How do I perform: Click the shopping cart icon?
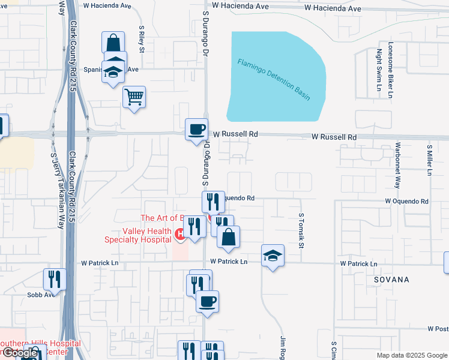click(134, 97)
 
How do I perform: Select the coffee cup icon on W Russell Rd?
click(196, 129)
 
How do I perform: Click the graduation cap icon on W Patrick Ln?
click(273, 256)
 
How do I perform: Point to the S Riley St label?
click(142, 39)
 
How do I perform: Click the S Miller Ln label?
click(429, 160)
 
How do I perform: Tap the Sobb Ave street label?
click(41, 295)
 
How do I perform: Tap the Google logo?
click(19, 353)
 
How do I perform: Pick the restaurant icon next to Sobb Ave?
click(53, 280)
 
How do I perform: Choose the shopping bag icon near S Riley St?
click(113, 43)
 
